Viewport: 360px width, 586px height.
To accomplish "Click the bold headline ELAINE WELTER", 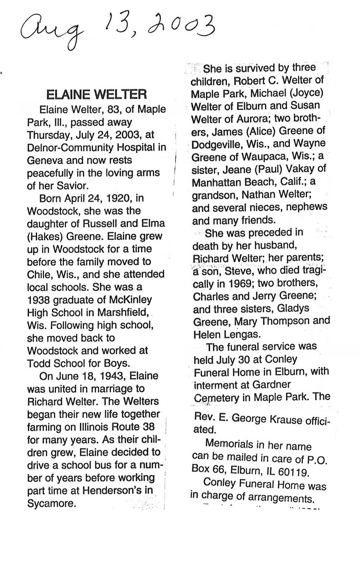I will pyautogui.click(x=97, y=94).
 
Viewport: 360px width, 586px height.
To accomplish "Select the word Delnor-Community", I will pyautogui.click(x=71, y=148).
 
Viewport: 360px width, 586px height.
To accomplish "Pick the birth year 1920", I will pyautogui.click(x=120, y=198).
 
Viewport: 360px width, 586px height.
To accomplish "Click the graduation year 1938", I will pyautogui.click(x=39, y=300).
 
